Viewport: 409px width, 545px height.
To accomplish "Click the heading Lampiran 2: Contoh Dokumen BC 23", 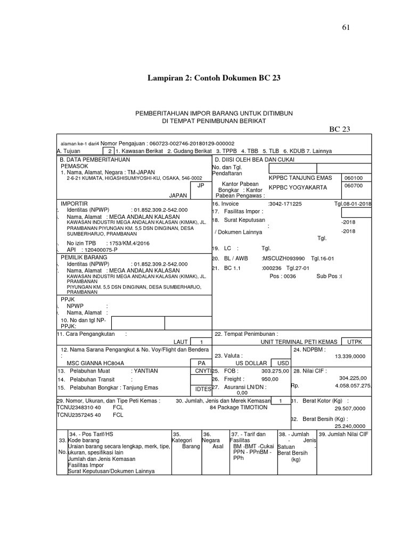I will click(x=214, y=78).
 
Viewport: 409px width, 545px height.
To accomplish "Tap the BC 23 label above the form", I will click(x=341, y=129).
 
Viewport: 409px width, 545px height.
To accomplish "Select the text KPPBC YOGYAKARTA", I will click(x=298, y=187).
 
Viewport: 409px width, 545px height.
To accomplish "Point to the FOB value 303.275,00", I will click(x=275, y=370).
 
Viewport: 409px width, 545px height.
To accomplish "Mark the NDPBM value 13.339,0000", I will click(x=350, y=356).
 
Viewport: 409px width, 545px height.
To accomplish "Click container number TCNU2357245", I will click(x=75, y=414).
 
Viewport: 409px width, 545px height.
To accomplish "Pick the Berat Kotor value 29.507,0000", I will click(x=350, y=408).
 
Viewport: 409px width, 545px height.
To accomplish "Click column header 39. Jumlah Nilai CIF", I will click(x=343, y=434).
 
